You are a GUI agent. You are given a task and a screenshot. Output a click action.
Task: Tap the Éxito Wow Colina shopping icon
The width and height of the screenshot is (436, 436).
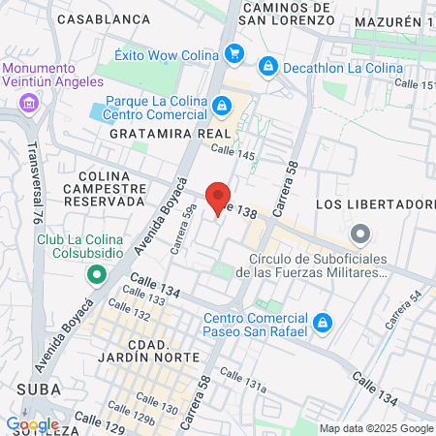pyautogui.click(x=234, y=54)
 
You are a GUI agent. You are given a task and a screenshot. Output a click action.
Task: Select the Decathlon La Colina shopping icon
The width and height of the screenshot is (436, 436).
pyautogui.click(x=267, y=67)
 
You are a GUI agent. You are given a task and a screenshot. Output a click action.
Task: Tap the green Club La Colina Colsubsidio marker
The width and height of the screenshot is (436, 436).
pyautogui.click(x=96, y=274)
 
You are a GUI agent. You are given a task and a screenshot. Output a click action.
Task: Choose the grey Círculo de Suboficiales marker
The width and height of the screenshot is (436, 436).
pyautogui.click(x=360, y=234)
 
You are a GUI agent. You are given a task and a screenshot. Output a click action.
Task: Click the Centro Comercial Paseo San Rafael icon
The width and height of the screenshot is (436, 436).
pyautogui.click(x=324, y=323)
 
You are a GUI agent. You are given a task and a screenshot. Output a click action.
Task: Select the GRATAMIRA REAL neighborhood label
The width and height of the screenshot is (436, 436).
pyautogui.click(x=171, y=133)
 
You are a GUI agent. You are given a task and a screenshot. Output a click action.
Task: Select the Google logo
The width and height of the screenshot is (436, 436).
pyautogui.click(x=32, y=424)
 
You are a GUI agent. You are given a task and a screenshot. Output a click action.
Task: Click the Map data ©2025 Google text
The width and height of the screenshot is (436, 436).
pyautogui.click(x=377, y=428)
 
